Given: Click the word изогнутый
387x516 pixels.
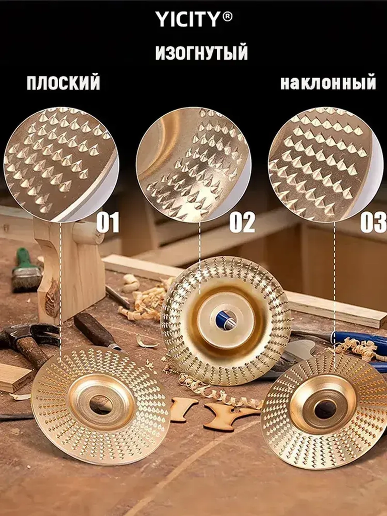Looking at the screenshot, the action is (x=201, y=53).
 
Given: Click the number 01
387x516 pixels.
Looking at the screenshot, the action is (x=108, y=222).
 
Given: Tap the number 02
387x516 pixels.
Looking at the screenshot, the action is (x=242, y=222).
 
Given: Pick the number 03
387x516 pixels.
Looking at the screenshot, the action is (x=373, y=222).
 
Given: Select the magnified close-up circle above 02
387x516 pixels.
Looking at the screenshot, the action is (x=193, y=164).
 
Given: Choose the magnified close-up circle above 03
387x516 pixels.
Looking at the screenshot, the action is (x=325, y=164).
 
